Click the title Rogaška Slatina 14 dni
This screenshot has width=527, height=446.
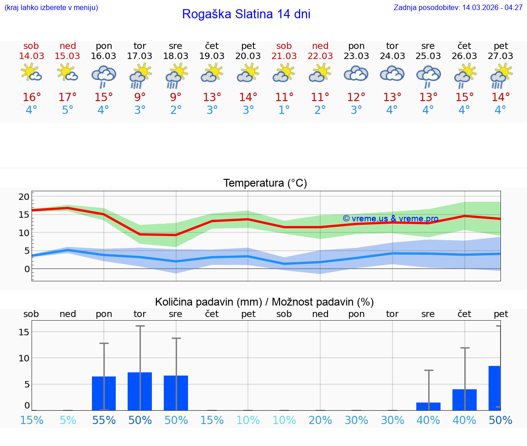coord(246,14)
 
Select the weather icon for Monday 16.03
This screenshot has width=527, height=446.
coord(104,75)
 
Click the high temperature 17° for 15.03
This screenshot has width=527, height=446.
coord(68,97)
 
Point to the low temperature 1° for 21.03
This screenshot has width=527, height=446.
coord(284,110)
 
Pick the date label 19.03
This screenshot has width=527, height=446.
coord(212,56)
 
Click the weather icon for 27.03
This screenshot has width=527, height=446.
coord(501,75)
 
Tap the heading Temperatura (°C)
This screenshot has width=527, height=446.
coord(265,183)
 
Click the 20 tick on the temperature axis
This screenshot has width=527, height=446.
coord(24,197)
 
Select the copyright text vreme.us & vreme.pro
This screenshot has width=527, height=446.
coord(391,219)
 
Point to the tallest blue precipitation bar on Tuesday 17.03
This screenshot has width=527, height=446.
coord(140,391)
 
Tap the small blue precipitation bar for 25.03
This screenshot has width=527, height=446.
coord(428,406)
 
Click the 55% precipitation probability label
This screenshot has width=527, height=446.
coord(104,420)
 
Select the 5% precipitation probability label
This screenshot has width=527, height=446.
coord(68,420)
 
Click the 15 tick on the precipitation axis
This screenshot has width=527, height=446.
coord(24,332)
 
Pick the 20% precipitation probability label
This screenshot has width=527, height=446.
coord(320,420)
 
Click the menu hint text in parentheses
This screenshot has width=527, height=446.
coord(51,8)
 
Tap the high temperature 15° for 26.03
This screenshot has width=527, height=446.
coord(464,97)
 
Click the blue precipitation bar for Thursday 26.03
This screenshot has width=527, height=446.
coord(464,399)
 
